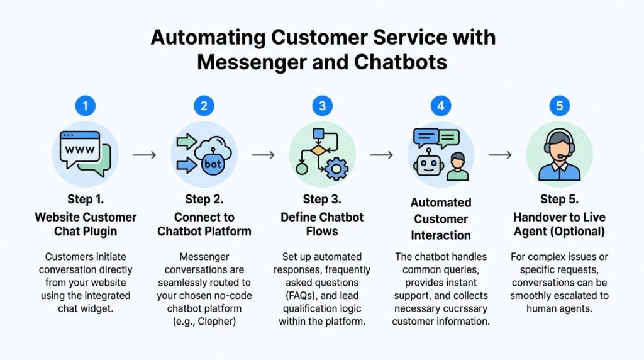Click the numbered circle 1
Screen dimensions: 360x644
(x=85, y=105)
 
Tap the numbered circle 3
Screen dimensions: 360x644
(x=322, y=105)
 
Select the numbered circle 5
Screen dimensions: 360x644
(x=559, y=105)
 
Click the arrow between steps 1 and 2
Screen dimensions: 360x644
(x=145, y=155)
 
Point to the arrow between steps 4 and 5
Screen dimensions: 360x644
(x=500, y=155)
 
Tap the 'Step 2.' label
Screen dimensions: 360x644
(x=204, y=200)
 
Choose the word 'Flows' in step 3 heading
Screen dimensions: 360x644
(x=322, y=232)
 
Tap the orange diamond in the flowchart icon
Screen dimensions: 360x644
(x=320, y=150)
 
